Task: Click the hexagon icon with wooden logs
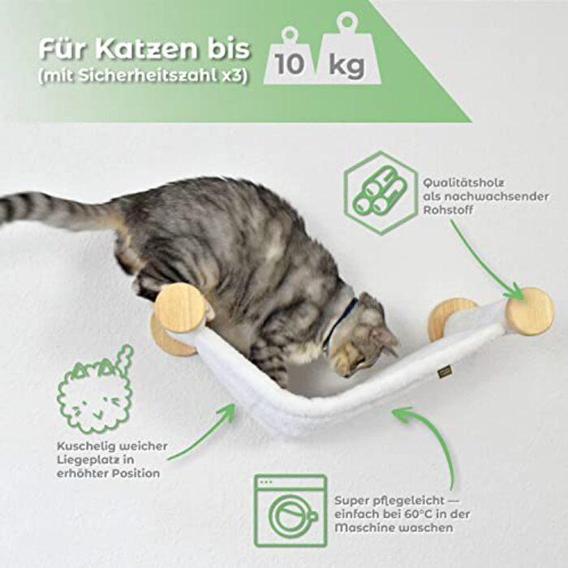(380, 193)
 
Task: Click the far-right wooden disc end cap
(529, 311)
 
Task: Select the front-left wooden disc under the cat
(181, 308)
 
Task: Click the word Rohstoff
(447, 210)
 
